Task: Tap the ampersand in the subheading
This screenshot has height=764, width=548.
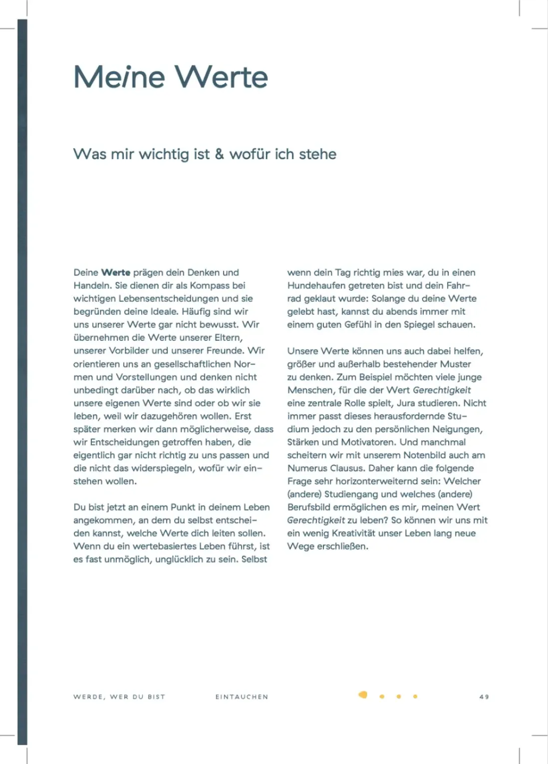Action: [x=219, y=154]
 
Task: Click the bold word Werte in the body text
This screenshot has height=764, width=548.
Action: [x=116, y=273]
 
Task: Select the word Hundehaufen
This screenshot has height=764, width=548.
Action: [x=316, y=285]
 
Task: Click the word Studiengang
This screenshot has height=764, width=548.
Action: [x=351, y=494]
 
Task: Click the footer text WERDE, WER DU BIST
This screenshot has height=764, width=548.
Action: [x=119, y=697]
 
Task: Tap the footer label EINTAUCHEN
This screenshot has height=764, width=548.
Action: [x=242, y=697]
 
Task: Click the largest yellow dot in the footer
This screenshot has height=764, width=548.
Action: [x=363, y=695]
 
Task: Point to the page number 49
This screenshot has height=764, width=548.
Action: [x=484, y=697]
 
